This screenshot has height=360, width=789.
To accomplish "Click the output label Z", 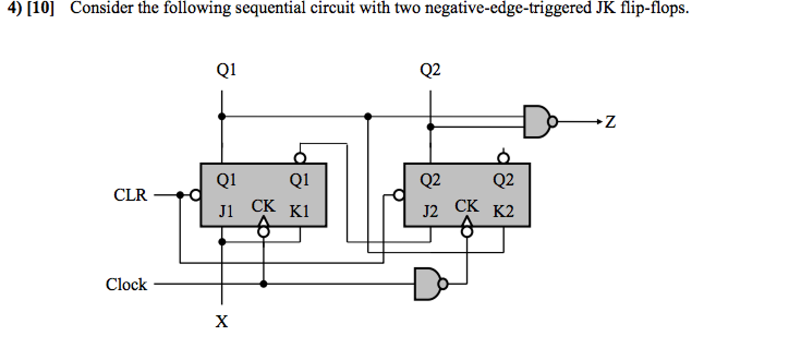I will click(610, 122).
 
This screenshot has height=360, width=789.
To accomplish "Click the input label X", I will click(222, 321).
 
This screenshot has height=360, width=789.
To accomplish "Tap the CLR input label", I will click(130, 195).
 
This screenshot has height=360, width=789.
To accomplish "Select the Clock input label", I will click(126, 285).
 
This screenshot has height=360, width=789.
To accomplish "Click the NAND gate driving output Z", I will click(537, 122).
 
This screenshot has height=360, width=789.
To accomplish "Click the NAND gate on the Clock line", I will click(428, 284).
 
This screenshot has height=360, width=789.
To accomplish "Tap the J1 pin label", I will click(226, 211).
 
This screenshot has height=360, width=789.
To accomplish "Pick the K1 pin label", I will click(299, 211).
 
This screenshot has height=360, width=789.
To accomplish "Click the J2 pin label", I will click(430, 211).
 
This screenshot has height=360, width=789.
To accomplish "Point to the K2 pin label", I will click(503, 211).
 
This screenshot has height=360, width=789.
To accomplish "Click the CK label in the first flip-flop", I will click(263, 206).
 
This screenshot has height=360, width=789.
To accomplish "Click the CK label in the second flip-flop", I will click(467, 206).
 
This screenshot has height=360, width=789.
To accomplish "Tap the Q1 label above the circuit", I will click(226, 70).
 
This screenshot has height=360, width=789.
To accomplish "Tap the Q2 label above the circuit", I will click(430, 70).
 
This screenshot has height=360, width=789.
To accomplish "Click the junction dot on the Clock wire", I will click(263, 284).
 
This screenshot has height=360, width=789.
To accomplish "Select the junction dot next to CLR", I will click(180, 195).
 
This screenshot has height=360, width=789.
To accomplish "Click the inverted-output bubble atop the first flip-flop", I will click(300, 158).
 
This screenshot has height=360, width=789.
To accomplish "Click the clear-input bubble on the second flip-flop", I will click(399, 195).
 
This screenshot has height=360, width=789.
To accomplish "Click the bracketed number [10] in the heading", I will click(40, 8).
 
